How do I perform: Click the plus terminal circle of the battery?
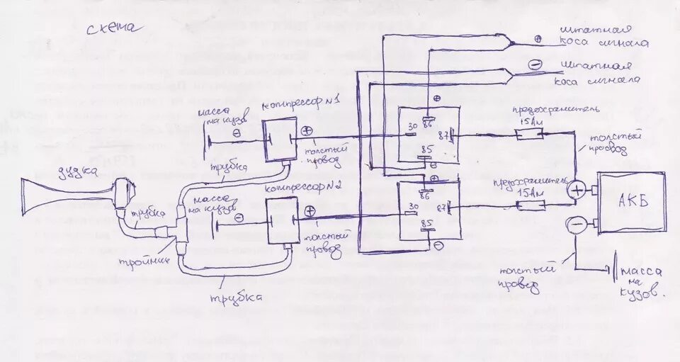pyautogui.click(x=579, y=190)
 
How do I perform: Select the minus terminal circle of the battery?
pyautogui.click(x=577, y=225)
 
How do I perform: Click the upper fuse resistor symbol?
pyautogui.click(x=528, y=134)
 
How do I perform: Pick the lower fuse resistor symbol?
pyautogui.click(x=531, y=205)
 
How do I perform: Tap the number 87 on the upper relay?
pyautogui.click(x=445, y=134)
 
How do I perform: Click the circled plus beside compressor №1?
pyautogui.click(x=307, y=131)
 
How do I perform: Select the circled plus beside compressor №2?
pyautogui.click(x=310, y=211)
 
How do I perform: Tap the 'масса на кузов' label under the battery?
pyautogui.click(x=640, y=281)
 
